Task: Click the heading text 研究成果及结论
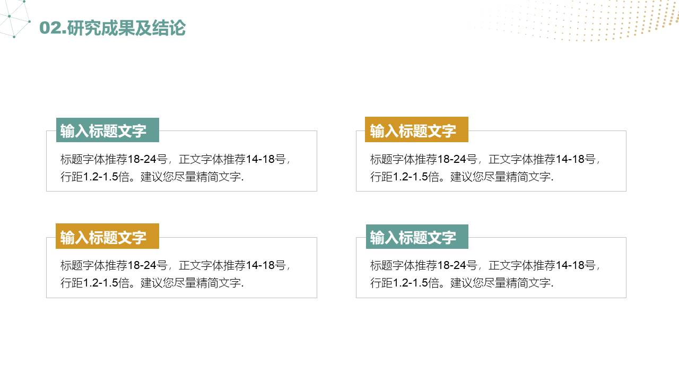pos(127,28)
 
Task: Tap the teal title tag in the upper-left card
pos(108,131)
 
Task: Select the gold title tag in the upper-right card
pos(416,130)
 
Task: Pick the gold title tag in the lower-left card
pos(107,237)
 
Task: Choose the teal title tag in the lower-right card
pos(417,237)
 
